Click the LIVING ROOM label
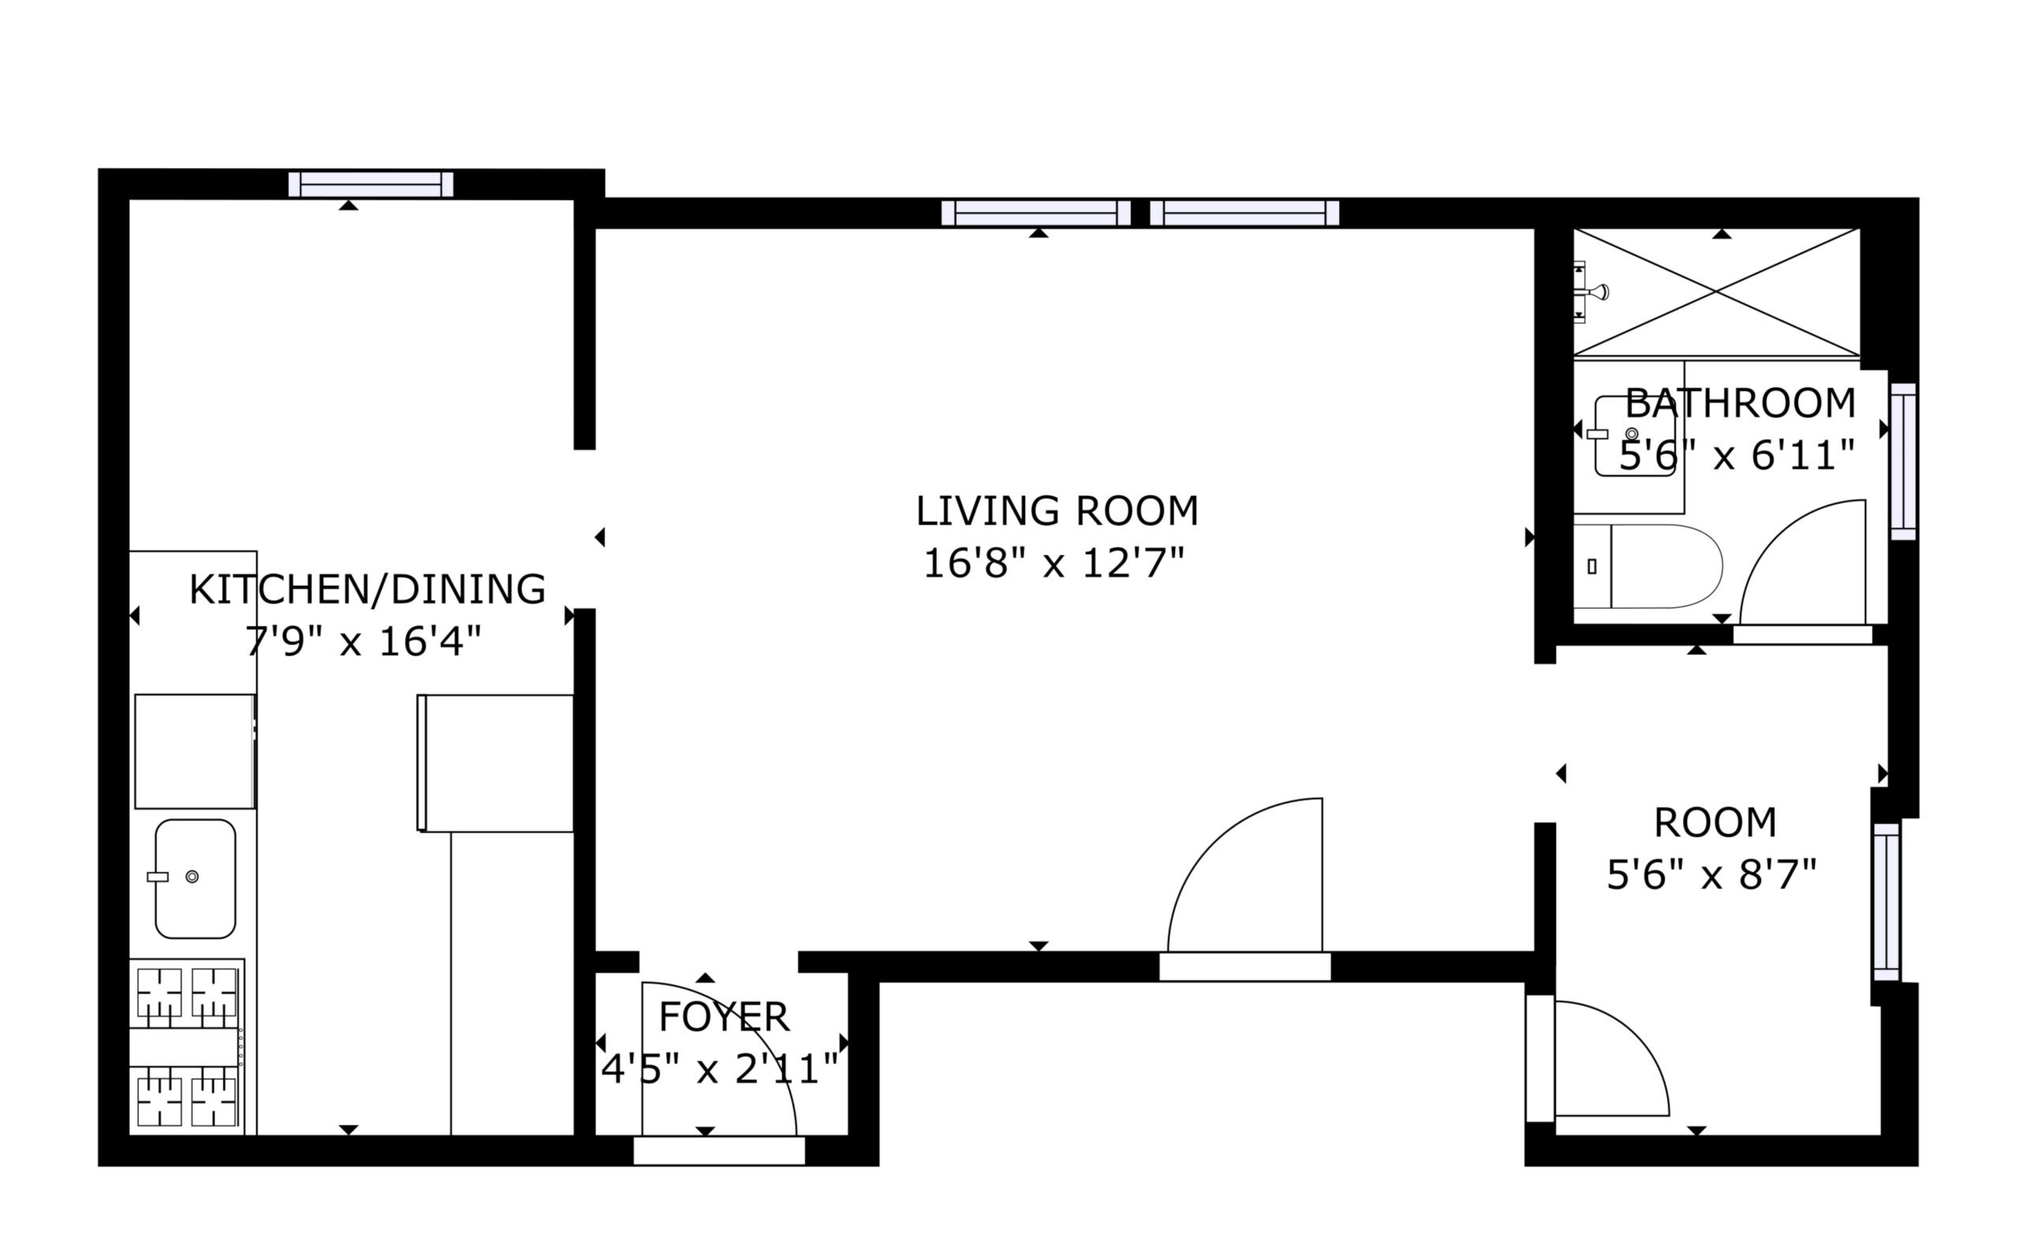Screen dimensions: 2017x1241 (1057, 511)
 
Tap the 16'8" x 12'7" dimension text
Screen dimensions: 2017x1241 (1054, 563)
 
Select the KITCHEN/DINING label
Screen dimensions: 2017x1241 (367, 589)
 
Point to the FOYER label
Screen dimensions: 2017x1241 (724, 1017)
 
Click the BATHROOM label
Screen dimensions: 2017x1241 (1740, 403)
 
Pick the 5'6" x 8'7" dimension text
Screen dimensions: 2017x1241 (1712, 875)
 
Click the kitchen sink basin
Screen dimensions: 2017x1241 (196, 878)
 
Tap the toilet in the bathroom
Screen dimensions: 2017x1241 (1648, 566)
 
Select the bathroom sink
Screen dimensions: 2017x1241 (1634, 435)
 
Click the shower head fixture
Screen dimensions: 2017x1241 (1592, 292)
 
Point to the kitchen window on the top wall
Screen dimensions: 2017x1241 (370, 184)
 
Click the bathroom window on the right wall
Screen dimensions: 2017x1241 (1903, 461)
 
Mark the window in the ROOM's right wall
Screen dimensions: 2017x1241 (1887, 901)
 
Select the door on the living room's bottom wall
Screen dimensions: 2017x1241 (1245, 967)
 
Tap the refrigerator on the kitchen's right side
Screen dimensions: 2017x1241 (496, 763)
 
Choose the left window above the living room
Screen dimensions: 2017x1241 (1035, 213)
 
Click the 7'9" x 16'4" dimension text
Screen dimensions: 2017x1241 (363, 641)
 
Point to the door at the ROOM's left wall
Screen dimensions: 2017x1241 (1540, 1058)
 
